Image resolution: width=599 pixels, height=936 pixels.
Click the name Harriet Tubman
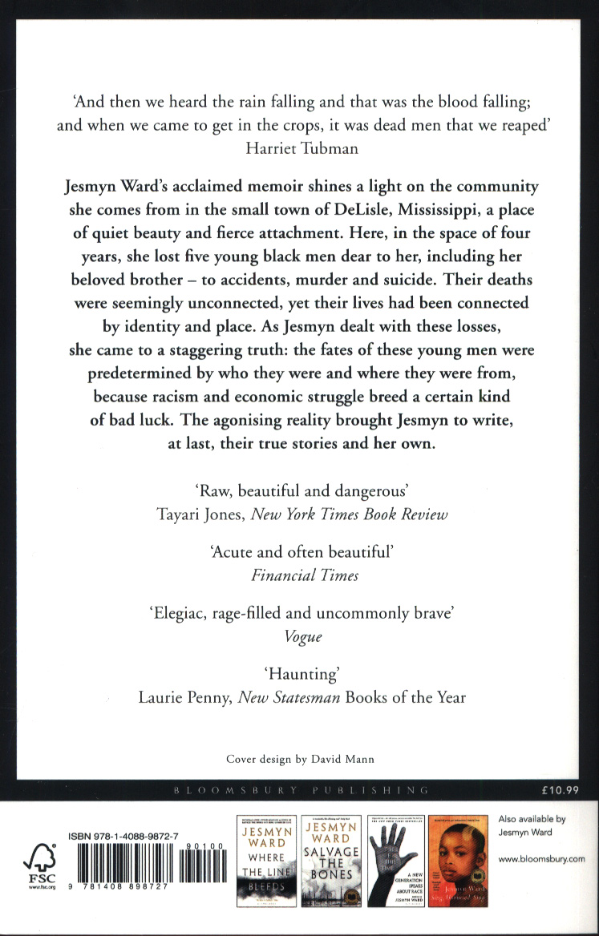pyautogui.click(x=299, y=147)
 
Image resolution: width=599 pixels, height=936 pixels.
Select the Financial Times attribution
pyautogui.click(x=299, y=575)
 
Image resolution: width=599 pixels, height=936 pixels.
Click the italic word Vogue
pyautogui.click(x=299, y=636)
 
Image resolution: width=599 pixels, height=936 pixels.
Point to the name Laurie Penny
pyautogui.click(x=182, y=697)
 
